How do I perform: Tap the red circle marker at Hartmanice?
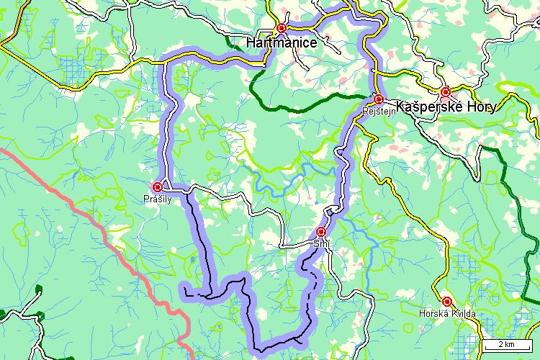tap(282, 28)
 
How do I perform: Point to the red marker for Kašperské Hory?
tap(446, 91)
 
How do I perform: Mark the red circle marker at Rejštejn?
tap(378, 99)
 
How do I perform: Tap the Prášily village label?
tap(157, 199)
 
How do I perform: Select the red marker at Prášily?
tap(157, 186)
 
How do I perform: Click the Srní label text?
tap(320, 243)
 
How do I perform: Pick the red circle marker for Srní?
tap(320, 231)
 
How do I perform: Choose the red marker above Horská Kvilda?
tap(446, 301)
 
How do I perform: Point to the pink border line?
tap(108, 230)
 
